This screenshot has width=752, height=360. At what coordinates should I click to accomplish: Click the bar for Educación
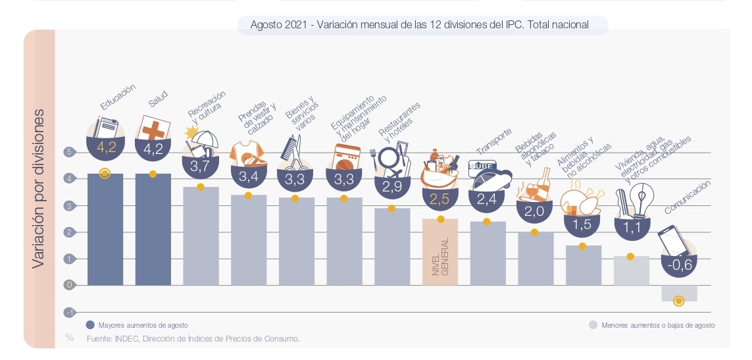click(x=105, y=230)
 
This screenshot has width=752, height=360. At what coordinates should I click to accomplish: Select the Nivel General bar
click(x=440, y=253)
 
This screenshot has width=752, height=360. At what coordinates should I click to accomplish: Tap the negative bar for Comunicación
click(x=679, y=293)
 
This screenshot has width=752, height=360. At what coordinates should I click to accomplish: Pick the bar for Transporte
click(x=488, y=253)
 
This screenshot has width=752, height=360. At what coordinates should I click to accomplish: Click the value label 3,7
click(x=199, y=167)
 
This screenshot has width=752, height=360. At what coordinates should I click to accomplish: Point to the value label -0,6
click(x=679, y=266)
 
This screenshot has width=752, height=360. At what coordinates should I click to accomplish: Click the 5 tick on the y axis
click(x=68, y=153)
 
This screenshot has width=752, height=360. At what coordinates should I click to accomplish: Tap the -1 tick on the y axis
click(x=68, y=312)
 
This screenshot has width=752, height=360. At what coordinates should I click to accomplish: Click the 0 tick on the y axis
click(x=68, y=285)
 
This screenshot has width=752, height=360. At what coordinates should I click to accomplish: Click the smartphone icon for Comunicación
click(x=674, y=241)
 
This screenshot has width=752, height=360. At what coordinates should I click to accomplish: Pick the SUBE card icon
click(x=482, y=168)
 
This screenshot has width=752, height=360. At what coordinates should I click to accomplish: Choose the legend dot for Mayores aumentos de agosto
click(x=90, y=325)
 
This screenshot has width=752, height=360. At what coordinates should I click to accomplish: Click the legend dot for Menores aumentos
click(x=593, y=325)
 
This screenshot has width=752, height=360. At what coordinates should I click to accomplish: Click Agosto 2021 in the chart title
click(x=279, y=25)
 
